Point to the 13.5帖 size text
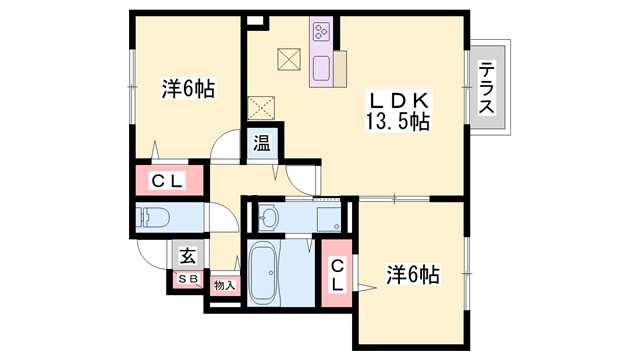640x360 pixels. point(398,123)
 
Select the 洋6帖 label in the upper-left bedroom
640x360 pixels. point(188,89)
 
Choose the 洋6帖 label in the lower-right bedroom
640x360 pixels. point(412,272)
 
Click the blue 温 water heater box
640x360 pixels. point(261,143)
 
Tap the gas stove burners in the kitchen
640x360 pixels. point(323,33)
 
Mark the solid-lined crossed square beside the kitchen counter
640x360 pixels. point(289,60)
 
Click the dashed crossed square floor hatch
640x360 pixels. point(261,106)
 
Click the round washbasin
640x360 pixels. point(268,216)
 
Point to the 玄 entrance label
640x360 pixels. point(187,255)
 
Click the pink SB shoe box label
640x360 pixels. point(187,279)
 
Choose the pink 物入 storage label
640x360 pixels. point(224,285)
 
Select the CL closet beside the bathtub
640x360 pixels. point(338,273)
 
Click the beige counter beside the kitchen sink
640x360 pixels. point(341,68)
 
